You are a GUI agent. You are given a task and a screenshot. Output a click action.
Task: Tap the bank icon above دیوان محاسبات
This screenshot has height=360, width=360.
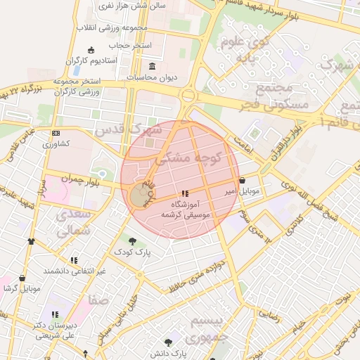click(153, 66)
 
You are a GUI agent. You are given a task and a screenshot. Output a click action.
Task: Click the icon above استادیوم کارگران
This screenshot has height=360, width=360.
click(90, 49)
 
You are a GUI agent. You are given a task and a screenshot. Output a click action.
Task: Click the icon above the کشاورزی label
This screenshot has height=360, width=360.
click(56, 133)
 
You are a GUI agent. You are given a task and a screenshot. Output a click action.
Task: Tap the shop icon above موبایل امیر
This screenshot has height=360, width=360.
click(242, 180)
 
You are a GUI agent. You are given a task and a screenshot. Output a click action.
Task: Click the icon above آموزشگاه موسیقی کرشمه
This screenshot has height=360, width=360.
click(185, 193)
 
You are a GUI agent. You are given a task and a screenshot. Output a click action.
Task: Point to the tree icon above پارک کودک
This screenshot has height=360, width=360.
click(133, 241)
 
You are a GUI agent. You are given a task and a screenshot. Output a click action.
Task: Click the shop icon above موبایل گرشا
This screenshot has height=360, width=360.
click(22, 278)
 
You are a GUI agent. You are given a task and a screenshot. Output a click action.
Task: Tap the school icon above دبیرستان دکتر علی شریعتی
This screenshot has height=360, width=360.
click(55, 314)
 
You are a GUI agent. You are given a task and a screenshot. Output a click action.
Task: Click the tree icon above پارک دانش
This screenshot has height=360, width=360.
click(168, 343)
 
